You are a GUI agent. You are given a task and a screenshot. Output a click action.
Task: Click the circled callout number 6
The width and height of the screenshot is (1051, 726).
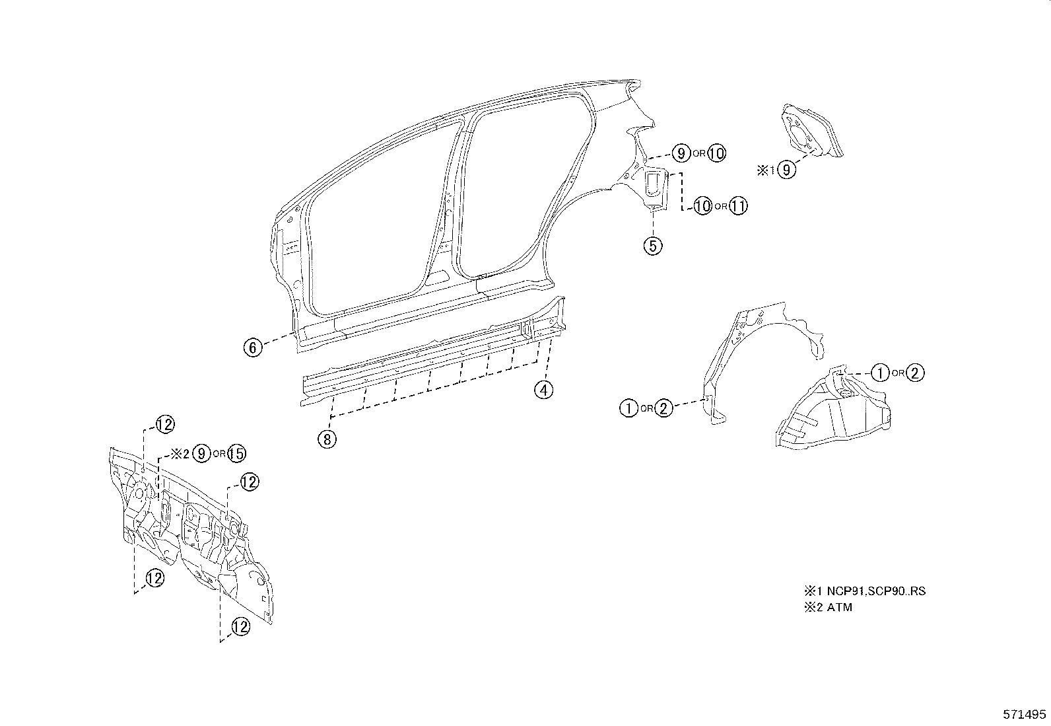(254, 347)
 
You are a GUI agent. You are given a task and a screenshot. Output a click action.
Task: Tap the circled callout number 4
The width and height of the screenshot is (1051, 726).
(543, 390)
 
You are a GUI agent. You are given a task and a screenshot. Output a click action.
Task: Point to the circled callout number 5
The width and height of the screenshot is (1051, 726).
(652, 246)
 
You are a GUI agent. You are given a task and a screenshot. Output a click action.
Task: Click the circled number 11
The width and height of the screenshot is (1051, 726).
(738, 206)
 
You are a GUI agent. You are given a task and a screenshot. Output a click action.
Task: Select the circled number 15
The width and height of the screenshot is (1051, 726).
(236, 453)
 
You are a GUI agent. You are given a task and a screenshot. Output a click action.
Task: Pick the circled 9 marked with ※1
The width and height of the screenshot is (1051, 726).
(786, 170)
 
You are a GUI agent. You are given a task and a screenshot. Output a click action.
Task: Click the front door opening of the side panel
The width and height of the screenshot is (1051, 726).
(376, 218)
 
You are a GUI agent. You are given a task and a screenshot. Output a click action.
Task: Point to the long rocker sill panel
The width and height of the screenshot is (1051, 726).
(429, 357)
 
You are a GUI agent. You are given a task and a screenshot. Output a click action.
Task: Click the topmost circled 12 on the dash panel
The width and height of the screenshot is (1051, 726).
(164, 425)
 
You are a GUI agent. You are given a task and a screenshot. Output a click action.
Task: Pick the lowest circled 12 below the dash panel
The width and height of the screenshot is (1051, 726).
(241, 626)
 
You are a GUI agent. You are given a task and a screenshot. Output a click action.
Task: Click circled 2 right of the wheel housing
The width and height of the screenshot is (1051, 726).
(914, 373)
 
